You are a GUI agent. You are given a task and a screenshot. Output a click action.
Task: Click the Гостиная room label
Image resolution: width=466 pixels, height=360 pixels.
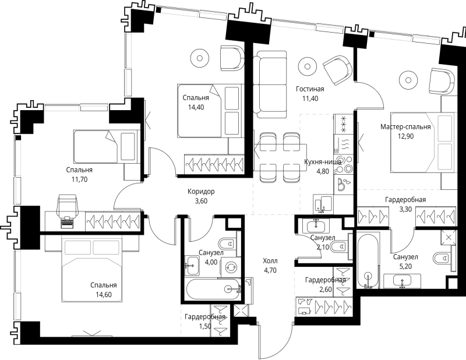coord(310,89)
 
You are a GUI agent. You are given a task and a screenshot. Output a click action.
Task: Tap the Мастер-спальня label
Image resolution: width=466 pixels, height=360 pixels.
coord(405,127)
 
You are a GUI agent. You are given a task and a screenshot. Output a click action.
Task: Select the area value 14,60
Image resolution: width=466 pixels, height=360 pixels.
coord(104,295)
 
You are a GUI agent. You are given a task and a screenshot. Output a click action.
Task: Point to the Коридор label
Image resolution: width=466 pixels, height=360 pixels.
coord(201,192)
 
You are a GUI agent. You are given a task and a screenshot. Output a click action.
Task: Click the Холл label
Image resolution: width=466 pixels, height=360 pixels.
coord(270,261)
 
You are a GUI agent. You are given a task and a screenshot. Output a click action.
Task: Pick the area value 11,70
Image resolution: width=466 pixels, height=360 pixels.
coord(79,179)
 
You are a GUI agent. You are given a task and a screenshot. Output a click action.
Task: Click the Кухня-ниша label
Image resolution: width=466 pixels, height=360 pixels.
coord(323,162)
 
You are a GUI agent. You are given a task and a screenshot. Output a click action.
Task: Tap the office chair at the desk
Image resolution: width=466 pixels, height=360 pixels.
coord(68,206)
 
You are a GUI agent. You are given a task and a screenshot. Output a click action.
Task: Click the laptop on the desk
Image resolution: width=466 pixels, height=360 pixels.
coord(67,222)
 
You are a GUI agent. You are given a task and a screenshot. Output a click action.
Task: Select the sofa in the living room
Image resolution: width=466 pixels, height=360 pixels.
coord(270,84)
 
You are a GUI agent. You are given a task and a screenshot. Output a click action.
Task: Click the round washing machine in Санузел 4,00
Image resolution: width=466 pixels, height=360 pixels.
coord(231,267)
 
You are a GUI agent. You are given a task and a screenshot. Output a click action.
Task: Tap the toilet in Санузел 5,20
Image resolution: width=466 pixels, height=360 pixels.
coord(442,258)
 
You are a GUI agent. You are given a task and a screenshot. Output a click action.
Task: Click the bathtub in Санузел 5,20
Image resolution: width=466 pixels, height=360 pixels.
coord(368,261)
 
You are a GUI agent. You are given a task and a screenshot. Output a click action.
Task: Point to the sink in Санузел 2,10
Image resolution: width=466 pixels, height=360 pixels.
coord(316,227)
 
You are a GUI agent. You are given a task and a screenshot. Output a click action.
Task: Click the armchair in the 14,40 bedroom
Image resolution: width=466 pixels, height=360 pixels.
coord(232,58)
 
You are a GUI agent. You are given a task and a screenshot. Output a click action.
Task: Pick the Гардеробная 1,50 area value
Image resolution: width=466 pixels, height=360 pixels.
coord(205,326)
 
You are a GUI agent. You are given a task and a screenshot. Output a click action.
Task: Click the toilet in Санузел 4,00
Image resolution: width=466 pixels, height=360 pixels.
coord(227,244)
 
